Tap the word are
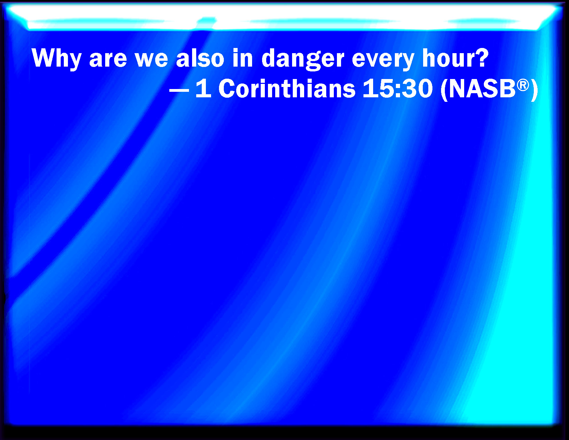(108, 60)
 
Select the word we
(151, 60)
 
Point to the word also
(200, 58)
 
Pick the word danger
(303, 59)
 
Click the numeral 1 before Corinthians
(203, 88)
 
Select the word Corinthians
(287, 88)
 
